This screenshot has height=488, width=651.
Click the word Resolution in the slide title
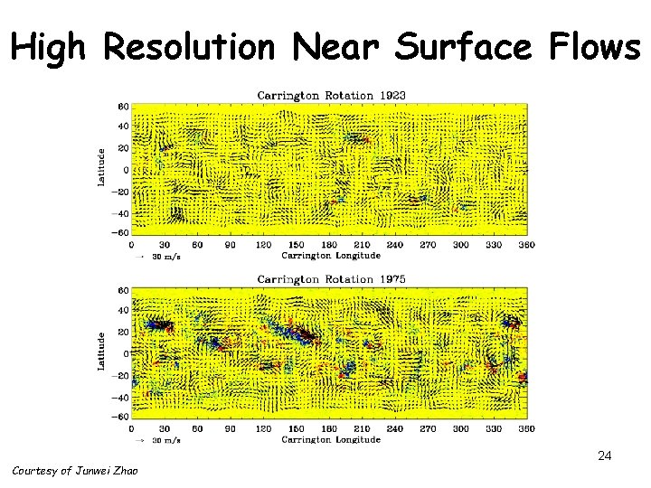pos(188,47)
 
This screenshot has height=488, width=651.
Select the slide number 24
pos(605,456)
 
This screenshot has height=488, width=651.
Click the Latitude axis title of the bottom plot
pos(101,351)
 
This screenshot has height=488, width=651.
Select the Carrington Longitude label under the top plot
pos(330,256)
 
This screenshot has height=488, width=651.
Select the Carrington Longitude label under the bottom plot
pos(330,439)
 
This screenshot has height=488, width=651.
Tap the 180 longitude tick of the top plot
pos(329,245)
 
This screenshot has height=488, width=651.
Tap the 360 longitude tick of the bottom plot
pos(525,428)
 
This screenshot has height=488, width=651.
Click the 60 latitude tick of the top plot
pos(124,106)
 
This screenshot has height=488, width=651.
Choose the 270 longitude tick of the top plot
pos(428,245)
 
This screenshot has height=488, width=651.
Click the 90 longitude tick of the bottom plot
pos(231,428)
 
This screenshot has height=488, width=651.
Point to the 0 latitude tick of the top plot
pos(126,170)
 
